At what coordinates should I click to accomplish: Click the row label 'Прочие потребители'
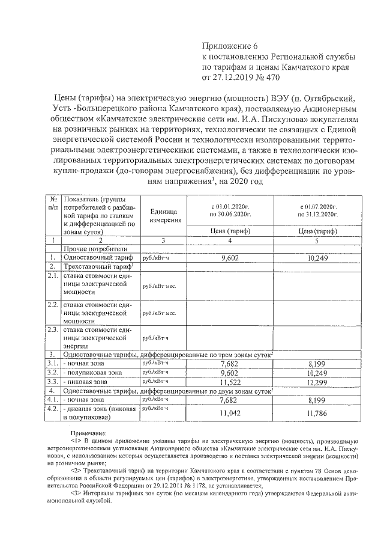coord(94,248)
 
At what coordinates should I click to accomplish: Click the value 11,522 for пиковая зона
coord(230,382)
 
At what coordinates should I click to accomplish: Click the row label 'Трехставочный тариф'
coord(97,266)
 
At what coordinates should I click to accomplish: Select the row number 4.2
coord(53,409)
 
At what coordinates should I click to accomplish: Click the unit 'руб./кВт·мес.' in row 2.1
coord(158,287)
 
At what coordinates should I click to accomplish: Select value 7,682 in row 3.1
coord(230,364)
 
